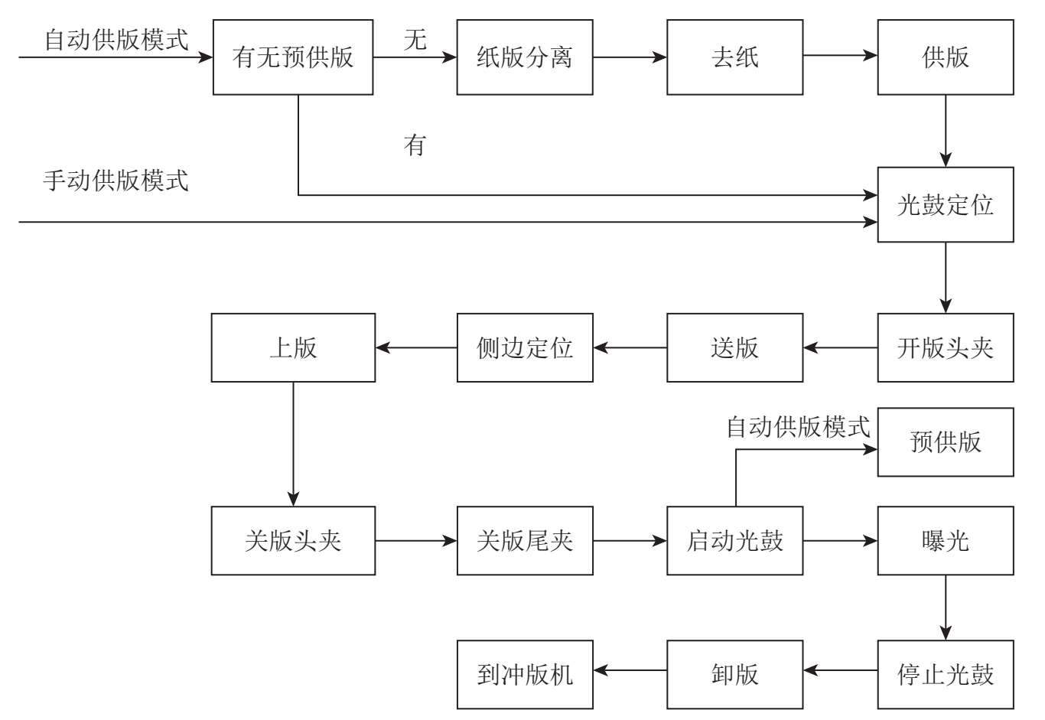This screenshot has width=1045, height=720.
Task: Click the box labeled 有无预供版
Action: click(x=293, y=57)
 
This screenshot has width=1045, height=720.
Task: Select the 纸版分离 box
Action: click(x=525, y=57)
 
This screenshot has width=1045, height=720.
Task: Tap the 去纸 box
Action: click(x=734, y=57)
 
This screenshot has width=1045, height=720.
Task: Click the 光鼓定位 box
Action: click(x=945, y=205)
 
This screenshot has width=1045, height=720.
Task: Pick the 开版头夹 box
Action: click(x=945, y=348)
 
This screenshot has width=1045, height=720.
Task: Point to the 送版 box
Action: click(x=734, y=348)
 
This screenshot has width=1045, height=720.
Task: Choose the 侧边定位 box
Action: click(x=525, y=348)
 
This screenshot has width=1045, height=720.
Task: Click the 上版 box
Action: click(x=293, y=348)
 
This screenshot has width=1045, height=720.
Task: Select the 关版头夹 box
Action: click(x=293, y=541)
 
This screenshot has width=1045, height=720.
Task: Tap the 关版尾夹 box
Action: click(x=525, y=541)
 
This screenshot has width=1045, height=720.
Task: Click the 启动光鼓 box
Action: click(x=734, y=541)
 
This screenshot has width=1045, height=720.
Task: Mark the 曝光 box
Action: click(x=945, y=541)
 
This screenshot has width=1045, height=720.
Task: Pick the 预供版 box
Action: click(x=945, y=442)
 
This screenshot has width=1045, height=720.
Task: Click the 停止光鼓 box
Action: click(x=945, y=674)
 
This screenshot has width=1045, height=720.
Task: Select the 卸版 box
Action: click(x=734, y=674)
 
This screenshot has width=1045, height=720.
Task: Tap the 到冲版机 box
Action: click(x=525, y=674)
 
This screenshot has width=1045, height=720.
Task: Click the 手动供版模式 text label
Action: click(x=116, y=181)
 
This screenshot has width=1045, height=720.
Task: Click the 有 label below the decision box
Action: click(x=415, y=145)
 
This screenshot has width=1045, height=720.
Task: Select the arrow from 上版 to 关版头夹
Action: click(x=293, y=444)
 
